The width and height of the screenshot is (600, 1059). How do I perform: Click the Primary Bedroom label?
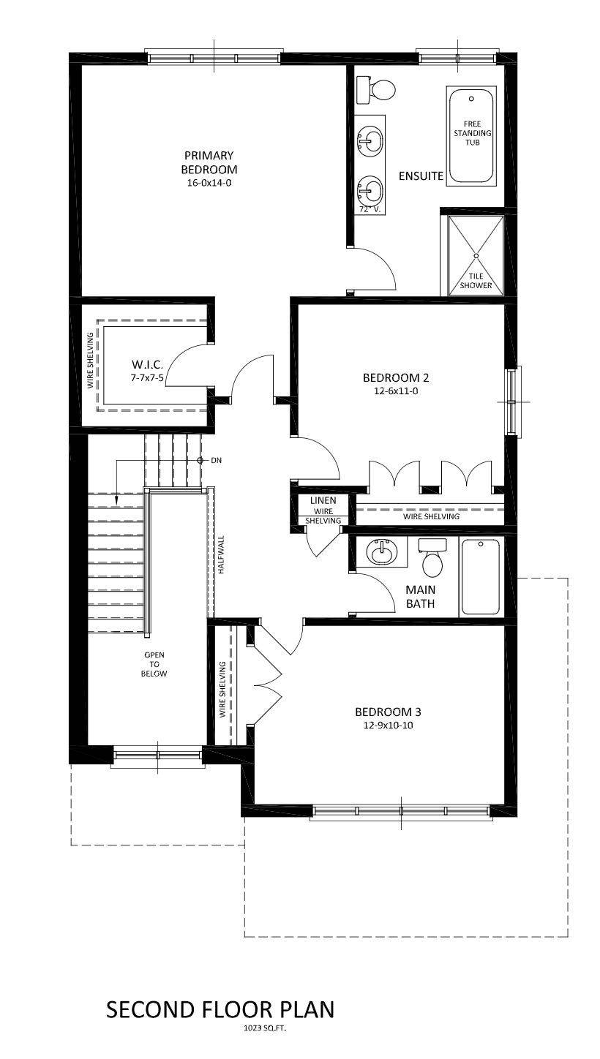pos(209,162)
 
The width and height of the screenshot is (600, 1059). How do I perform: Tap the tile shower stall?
pos(476,255)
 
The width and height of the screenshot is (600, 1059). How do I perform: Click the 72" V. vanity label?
pos(370,209)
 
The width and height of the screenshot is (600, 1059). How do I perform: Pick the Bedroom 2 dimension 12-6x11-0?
pos(395,391)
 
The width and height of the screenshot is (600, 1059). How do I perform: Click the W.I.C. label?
pos(146,364)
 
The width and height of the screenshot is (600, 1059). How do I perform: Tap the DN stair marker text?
pos(216,461)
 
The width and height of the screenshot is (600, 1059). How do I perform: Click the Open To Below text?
pos(154,664)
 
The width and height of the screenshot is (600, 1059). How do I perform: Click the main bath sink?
pos(381,552)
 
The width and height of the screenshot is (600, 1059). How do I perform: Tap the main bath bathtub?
pos(481,576)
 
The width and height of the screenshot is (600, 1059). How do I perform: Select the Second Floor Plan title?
pos(220,1010)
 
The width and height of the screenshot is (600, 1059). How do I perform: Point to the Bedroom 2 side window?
pos(511,402)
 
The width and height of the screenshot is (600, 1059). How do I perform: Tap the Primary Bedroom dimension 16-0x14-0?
pos(209,183)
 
